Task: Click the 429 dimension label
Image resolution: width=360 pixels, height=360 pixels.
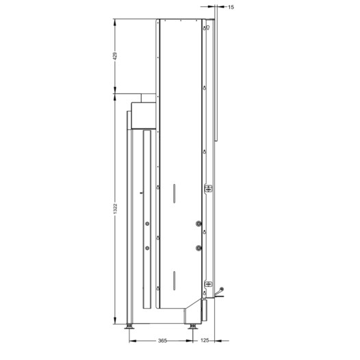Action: (x=115, y=56)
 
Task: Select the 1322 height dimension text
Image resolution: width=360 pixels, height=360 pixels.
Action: (x=115, y=209)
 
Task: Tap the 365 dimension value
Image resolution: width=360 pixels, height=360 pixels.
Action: (x=162, y=341)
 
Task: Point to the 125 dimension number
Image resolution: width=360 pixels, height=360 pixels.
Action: (x=205, y=340)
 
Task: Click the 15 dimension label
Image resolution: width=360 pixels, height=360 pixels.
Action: (x=231, y=8)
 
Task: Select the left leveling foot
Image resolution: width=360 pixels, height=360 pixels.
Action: (x=129, y=326)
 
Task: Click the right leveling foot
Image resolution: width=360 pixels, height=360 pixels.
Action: (x=192, y=326)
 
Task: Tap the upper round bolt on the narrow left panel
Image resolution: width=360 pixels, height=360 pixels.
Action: (x=147, y=223)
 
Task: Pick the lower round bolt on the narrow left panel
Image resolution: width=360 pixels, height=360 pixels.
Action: (x=147, y=248)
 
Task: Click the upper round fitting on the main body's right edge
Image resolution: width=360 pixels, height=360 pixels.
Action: (x=198, y=223)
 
